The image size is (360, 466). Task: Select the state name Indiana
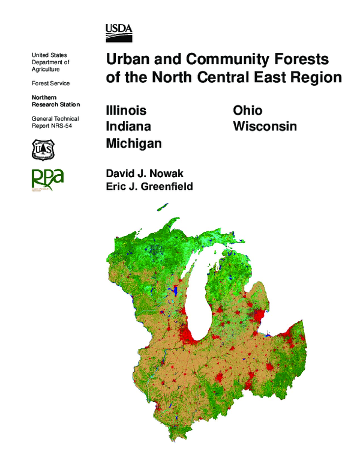point(128,127)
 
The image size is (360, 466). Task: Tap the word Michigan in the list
point(134,144)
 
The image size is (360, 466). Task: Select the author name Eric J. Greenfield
point(149,187)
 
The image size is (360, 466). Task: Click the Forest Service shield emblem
point(43,149)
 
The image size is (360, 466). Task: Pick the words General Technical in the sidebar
point(55,119)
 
